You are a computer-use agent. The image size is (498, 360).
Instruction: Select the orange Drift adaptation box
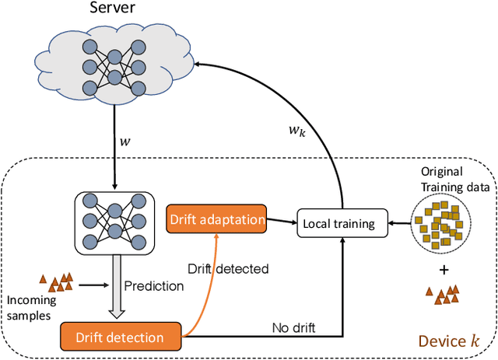pos(216,219)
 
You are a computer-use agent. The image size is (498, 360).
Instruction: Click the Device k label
pos(451,341)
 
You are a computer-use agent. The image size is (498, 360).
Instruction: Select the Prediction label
pos(154,285)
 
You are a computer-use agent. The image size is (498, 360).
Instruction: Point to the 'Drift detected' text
pos(228,269)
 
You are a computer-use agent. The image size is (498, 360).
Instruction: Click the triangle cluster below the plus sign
pos(442,294)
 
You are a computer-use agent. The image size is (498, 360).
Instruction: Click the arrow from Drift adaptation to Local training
pos(279,222)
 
